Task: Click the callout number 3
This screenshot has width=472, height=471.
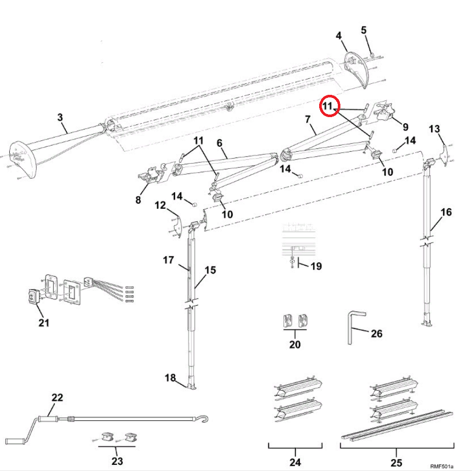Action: pyautogui.click(x=61, y=118)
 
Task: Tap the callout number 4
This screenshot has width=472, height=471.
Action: pyautogui.click(x=338, y=36)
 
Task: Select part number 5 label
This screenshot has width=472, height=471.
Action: pyautogui.click(x=364, y=30)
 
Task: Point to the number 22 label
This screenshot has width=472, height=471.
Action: pyautogui.click(x=57, y=397)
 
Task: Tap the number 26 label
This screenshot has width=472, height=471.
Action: pyautogui.click(x=377, y=333)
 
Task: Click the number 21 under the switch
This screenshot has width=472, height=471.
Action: pyautogui.click(x=44, y=323)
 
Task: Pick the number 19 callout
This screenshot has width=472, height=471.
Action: pyautogui.click(x=315, y=266)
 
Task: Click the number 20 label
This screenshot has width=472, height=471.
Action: pyautogui.click(x=295, y=344)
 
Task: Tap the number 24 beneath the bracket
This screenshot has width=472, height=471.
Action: pyautogui.click(x=295, y=462)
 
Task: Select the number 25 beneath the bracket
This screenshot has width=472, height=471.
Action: pyautogui.click(x=396, y=462)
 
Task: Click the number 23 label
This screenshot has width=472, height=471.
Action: pyautogui.click(x=117, y=461)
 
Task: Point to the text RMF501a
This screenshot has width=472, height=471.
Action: pyautogui.click(x=441, y=466)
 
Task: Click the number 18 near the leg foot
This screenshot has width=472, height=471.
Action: pyautogui.click(x=170, y=378)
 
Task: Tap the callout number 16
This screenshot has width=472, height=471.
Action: pyautogui.click(x=446, y=212)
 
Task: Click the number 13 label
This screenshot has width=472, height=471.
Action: pyautogui.click(x=434, y=128)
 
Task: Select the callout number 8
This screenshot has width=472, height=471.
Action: pyautogui.click(x=138, y=200)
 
